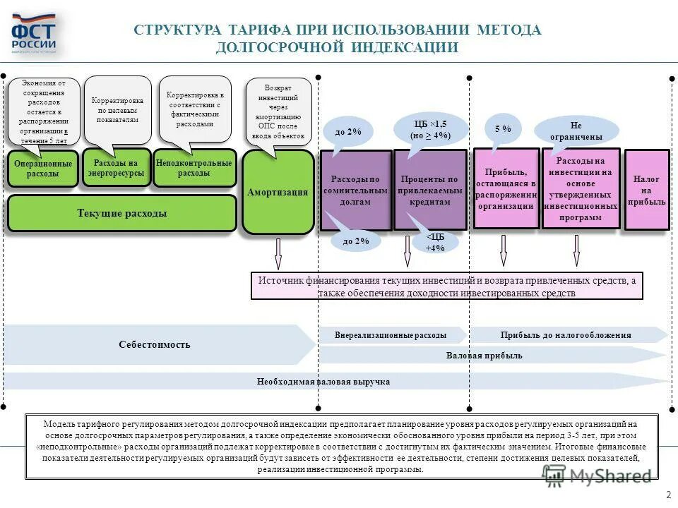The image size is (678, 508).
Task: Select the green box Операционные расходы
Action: pos(42,169)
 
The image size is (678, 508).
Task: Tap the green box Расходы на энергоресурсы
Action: pos(117,167)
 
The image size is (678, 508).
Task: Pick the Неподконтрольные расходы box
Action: pos(194,168)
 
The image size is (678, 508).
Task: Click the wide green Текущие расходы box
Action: pos(121,213)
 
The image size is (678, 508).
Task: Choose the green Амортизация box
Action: pos(278,192)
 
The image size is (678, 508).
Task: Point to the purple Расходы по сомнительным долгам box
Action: pos(356,190)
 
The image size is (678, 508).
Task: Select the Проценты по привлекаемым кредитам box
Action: pos(430,190)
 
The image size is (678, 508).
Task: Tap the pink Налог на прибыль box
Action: pos(646,190)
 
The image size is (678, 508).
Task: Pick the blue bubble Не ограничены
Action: pos(576,131)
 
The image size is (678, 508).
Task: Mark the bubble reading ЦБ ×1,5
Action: pos(430,128)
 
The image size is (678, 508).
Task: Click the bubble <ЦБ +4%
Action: pos(435,243)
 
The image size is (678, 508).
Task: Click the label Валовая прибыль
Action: pos(484,356)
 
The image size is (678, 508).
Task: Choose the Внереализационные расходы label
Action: pos(391,335)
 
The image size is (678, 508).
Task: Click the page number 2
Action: pos(667,494)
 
